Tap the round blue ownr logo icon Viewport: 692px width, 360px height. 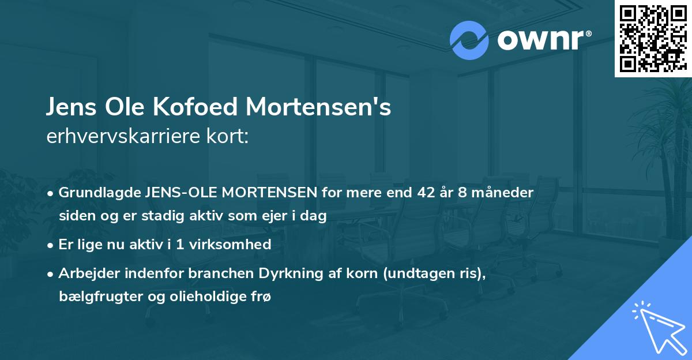pos(469,40)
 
